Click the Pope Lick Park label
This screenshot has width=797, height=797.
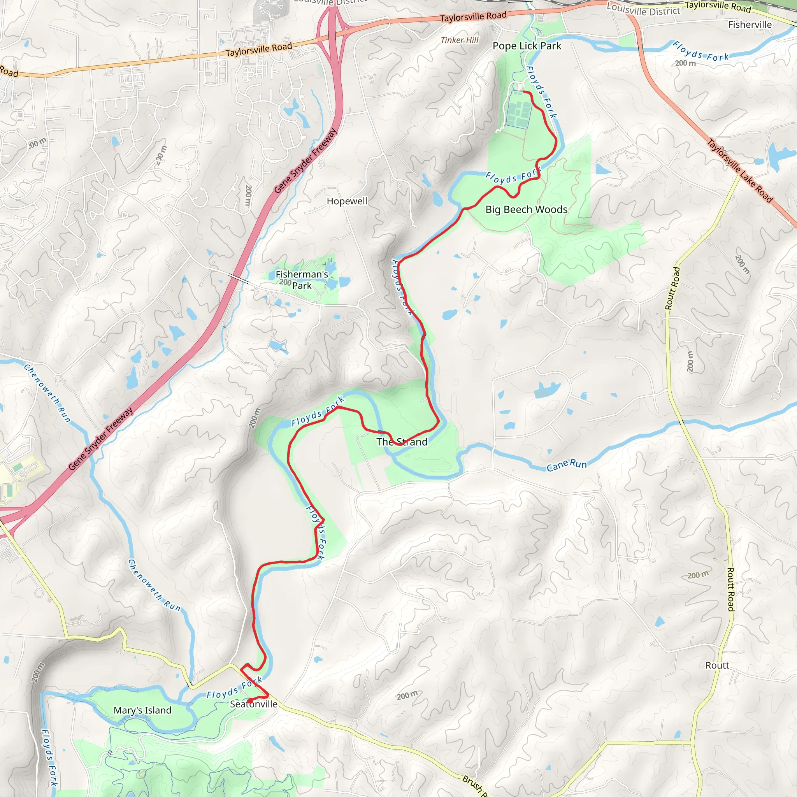[x=527, y=46]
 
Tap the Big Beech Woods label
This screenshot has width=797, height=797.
[x=527, y=210]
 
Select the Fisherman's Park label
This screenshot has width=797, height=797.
[x=302, y=280]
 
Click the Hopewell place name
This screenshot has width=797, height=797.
[x=347, y=201]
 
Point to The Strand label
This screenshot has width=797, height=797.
[x=402, y=442]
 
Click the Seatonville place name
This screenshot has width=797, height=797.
[x=254, y=704]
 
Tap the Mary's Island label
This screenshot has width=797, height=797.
[x=142, y=710]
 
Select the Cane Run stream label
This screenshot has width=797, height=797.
[x=566, y=465]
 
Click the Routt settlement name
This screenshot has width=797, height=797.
[x=717, y=665]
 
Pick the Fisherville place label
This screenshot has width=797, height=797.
[x=750, y=25]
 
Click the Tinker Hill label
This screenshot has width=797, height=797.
[x=460, y=40]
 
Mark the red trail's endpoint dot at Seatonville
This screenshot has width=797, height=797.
[x=249, y=701]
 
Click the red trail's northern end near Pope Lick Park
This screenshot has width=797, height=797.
[x=524, y=91]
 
